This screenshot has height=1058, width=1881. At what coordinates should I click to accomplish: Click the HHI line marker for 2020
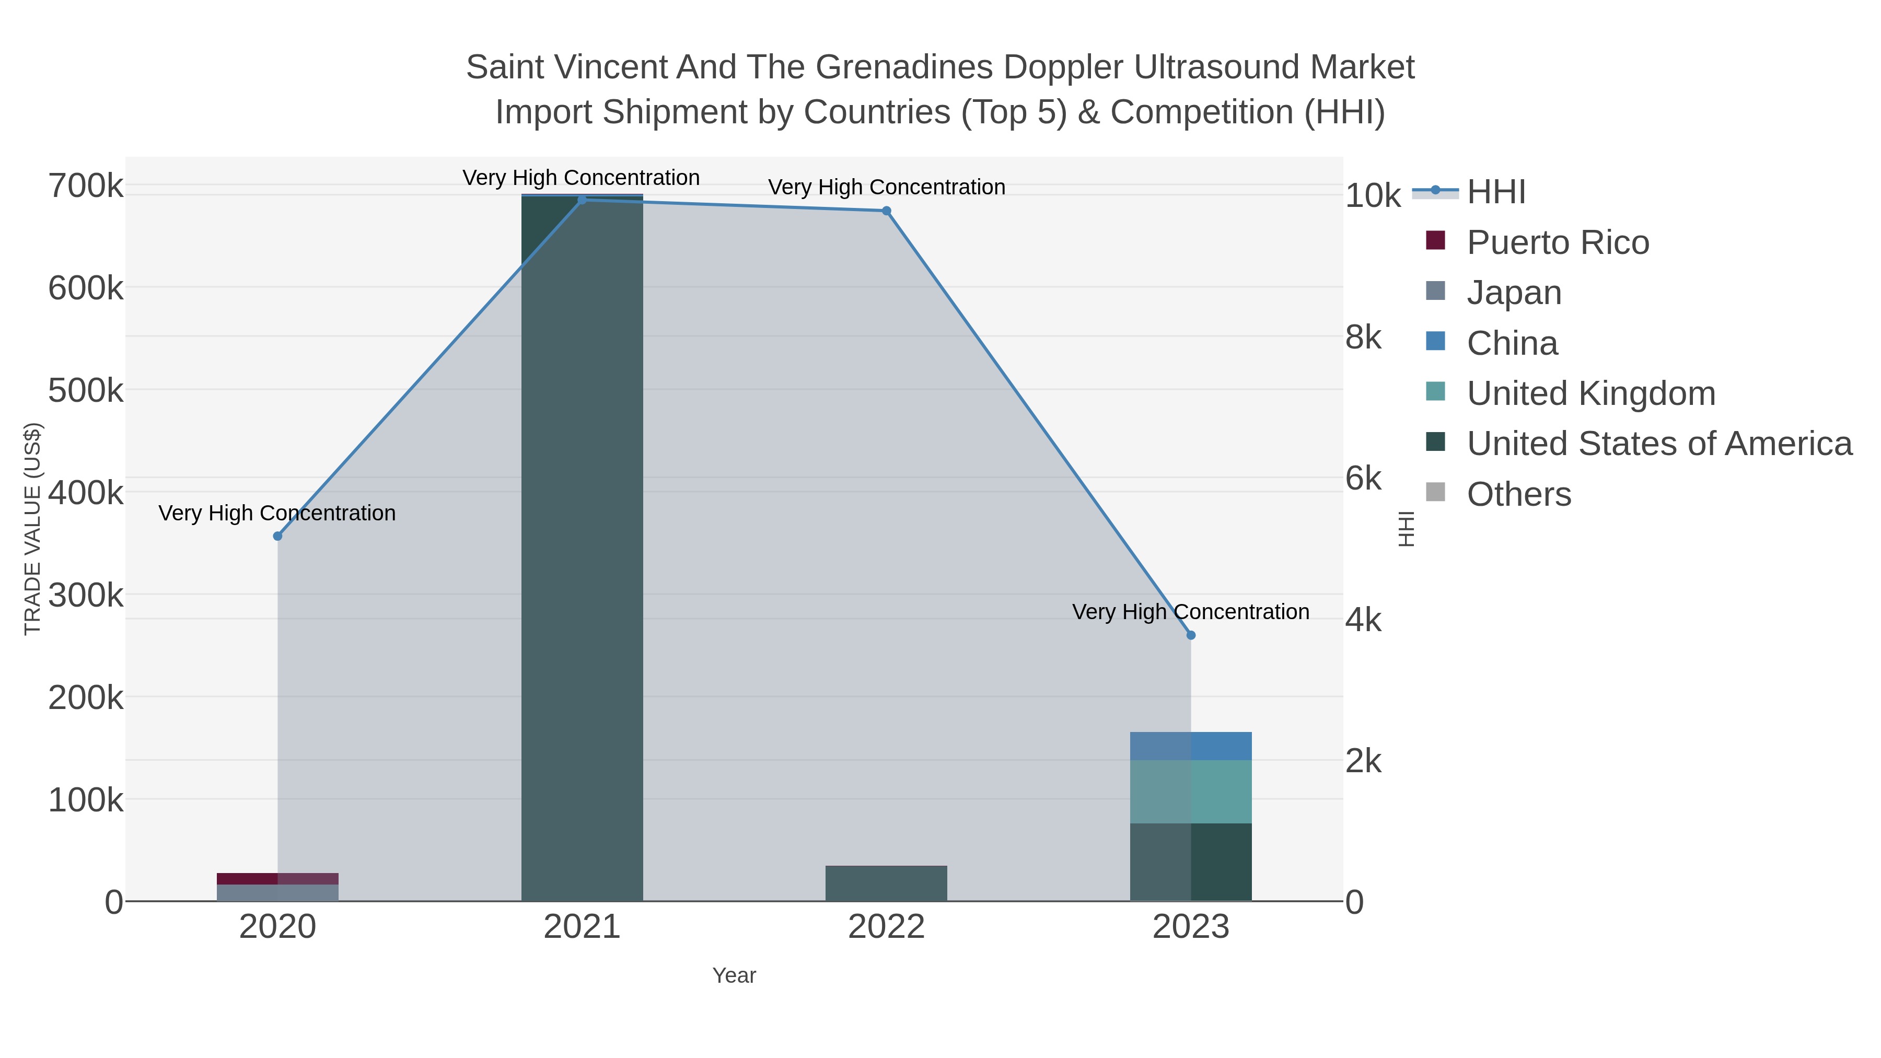277,536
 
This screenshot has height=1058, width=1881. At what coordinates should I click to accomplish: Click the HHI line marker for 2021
582,200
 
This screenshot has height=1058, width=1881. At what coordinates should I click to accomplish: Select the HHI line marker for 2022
887,211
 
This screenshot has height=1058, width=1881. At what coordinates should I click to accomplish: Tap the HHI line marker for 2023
1191,635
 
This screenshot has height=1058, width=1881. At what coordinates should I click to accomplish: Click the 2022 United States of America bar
887,883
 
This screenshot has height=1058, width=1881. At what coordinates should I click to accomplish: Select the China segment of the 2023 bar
1191,746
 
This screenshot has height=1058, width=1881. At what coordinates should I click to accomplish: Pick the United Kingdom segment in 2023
1191,792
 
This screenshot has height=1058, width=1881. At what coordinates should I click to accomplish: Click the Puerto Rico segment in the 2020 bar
277,878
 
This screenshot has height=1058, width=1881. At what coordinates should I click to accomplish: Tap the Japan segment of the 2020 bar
277,892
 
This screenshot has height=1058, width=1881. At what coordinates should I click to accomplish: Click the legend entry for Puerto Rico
1558,242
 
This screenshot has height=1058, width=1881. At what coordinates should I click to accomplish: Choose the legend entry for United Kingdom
1590,393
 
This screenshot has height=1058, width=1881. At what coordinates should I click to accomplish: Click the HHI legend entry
1495,192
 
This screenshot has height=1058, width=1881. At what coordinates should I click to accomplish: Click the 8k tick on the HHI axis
1363,338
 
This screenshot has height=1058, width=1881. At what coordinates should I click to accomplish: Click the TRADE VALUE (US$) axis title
33,529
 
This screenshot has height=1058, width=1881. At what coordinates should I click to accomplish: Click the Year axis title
734,975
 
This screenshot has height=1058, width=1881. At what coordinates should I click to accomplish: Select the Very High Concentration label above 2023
1190,612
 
